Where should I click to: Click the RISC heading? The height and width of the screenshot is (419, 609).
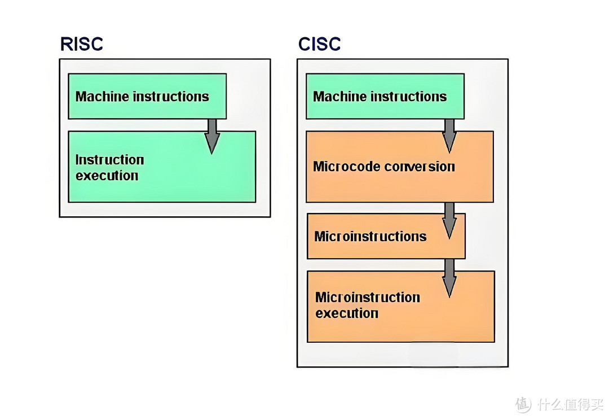82,44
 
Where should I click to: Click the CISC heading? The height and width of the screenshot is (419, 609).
320,44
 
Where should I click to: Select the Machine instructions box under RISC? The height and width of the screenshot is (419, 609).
147,96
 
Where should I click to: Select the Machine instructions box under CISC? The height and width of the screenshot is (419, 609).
385,96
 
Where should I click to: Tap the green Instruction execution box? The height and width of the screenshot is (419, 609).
161,167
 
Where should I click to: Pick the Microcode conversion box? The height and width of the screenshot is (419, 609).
399,167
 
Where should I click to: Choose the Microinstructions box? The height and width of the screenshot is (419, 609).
386,236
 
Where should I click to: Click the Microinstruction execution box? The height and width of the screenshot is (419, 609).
400,306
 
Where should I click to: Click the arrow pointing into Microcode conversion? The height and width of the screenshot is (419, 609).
449,136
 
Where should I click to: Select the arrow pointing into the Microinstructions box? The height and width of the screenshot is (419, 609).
449,220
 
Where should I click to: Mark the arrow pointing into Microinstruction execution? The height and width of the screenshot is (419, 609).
449,278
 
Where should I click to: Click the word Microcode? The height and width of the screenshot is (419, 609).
347,167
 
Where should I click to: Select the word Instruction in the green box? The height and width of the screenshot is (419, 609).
110,160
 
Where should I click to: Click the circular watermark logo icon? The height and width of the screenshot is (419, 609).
523,404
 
